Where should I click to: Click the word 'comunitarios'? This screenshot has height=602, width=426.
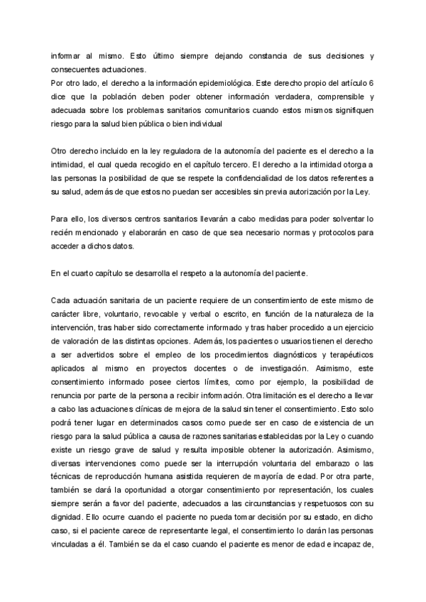243,111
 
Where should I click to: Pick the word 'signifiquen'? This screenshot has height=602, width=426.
350,111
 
